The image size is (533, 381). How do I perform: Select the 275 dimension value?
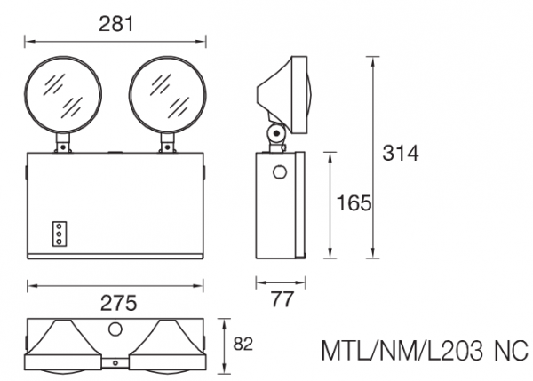coord(116,302)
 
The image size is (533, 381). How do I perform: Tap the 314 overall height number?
coord(400,153)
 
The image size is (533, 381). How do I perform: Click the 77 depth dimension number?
coord(282,300)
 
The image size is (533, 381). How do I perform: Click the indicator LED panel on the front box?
coord(60,233)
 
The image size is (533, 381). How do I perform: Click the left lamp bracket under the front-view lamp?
coord(63,141)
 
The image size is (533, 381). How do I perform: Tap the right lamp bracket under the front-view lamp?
coord(166,141)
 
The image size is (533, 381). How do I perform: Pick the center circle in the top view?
coord(115,329)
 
